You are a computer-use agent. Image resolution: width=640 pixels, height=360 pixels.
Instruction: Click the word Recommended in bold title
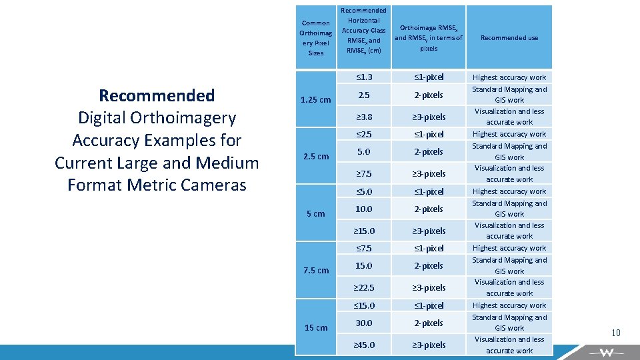coord(157,95)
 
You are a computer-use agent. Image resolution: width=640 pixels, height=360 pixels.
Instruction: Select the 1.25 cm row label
coord(315,100)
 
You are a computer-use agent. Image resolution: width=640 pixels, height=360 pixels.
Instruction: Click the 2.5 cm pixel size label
coord(316,157)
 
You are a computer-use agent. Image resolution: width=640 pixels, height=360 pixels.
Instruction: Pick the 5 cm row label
coord(316,214)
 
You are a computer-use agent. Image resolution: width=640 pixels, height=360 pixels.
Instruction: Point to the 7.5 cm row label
coord(316,271)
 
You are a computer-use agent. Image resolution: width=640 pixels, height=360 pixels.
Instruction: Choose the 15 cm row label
coord(316,327)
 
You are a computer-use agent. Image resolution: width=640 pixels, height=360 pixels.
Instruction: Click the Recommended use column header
coord(509,38)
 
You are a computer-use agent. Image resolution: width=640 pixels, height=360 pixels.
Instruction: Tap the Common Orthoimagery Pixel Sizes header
coord(316,38)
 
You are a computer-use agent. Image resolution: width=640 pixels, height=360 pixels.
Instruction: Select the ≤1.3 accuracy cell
coord(363,77)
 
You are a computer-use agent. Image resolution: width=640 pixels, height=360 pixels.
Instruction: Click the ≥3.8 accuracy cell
coord(363,117)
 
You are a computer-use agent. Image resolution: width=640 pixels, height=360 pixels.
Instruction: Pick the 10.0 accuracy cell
coord(363,209)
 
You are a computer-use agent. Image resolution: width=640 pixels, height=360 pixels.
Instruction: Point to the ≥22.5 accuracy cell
coord(363,288)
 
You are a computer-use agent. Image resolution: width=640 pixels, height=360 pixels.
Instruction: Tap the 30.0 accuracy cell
coord(363,323)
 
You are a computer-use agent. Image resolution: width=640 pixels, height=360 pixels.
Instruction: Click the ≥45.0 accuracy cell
coord(363,345)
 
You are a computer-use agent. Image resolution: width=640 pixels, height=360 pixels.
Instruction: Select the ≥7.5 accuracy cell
coord(363,174)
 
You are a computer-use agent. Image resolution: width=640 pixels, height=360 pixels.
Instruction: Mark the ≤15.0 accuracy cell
coord(363,305)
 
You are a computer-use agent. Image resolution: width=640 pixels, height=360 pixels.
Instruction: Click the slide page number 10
coord(616,333)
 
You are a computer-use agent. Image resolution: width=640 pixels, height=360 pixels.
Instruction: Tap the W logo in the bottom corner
coord(606,352)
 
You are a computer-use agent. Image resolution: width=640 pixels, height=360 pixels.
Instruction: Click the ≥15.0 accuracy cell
coord(363,231)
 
